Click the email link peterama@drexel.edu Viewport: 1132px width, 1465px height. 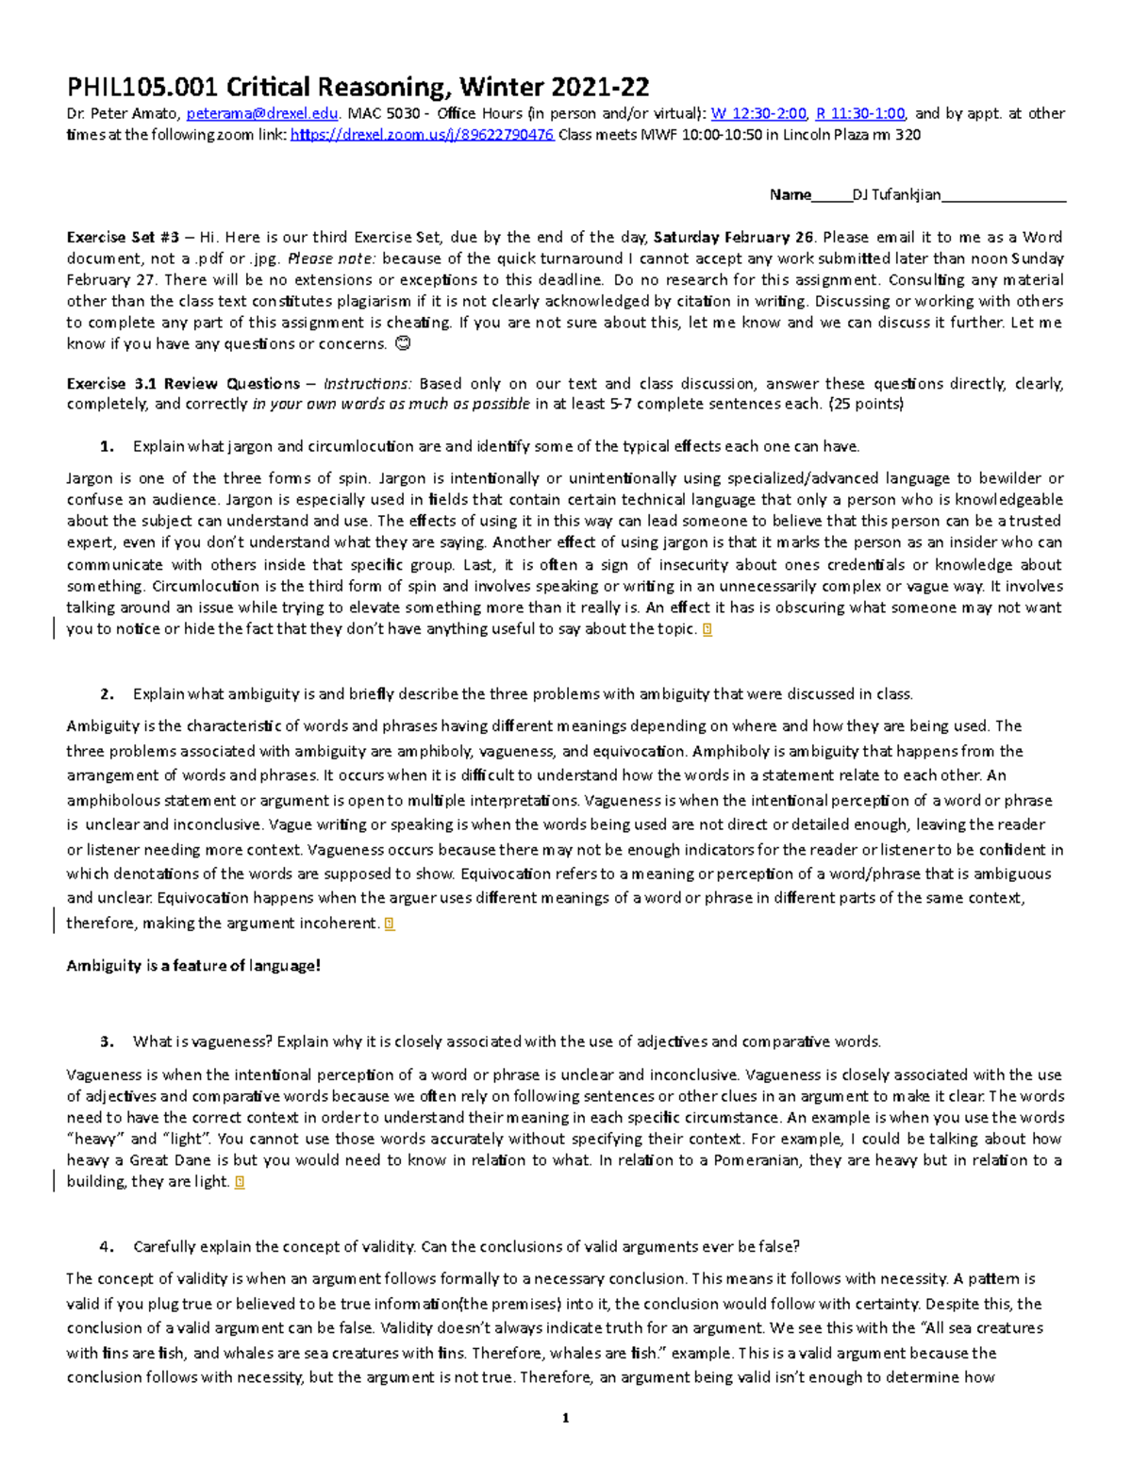[261, 113]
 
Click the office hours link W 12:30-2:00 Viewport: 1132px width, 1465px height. [758, 113]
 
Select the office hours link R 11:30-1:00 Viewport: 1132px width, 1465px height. [859, 113]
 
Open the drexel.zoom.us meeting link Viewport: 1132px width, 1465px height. [422, 135]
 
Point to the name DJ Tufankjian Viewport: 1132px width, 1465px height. [896, 195]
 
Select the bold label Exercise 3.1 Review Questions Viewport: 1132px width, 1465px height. [183, 384]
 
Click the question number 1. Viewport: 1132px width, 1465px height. [107, 446]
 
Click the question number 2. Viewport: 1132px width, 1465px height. [107, 694]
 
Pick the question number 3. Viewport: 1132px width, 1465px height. [107, 1042]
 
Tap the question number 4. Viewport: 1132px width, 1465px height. [107, 1247]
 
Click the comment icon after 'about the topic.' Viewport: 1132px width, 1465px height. [707, 629]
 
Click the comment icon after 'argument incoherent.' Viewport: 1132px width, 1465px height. [390, 924]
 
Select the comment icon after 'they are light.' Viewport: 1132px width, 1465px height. [240, 1182]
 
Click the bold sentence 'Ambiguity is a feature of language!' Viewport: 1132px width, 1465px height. [193, 966]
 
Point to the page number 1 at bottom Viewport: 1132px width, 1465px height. [565, 1418]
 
